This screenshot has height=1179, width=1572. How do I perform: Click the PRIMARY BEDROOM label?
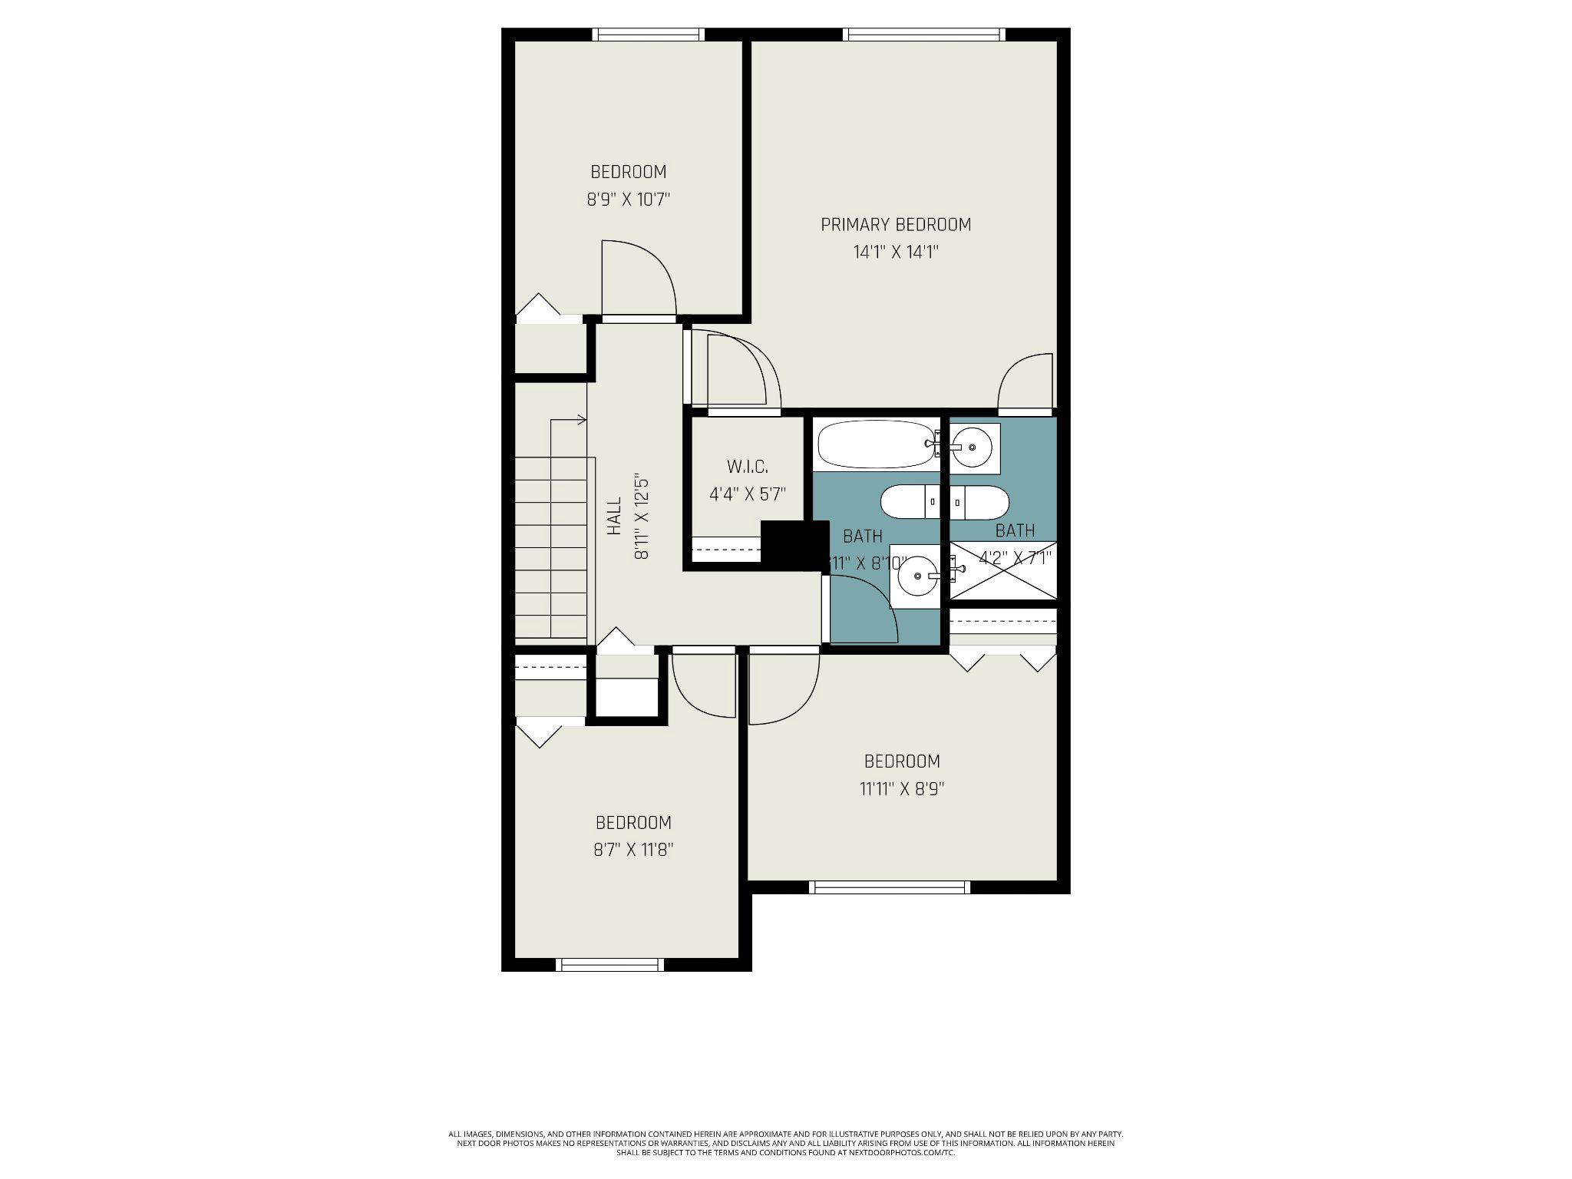point(896,224)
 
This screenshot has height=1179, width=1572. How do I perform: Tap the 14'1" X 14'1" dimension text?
point(896,252)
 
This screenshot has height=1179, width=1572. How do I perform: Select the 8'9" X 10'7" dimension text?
point(629,200)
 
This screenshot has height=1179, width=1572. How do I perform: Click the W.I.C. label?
point(747,466)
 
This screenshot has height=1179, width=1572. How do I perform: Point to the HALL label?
point(614,516)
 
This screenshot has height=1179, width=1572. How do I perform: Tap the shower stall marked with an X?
point(1003,570)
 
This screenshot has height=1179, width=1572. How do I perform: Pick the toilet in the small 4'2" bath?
point(979,503)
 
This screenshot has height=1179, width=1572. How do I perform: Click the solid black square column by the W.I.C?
point(795,544)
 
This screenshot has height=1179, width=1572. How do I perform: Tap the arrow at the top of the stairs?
point(582,420)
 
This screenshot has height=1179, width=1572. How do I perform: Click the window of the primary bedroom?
point(923,35)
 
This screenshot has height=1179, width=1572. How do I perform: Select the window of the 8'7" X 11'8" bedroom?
point(609,965)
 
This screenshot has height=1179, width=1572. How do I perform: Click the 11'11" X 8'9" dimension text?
point(902,789)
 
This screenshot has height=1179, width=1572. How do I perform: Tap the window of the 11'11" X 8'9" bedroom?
point(889,887)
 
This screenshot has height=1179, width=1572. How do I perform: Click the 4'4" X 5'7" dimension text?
point(747,494)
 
